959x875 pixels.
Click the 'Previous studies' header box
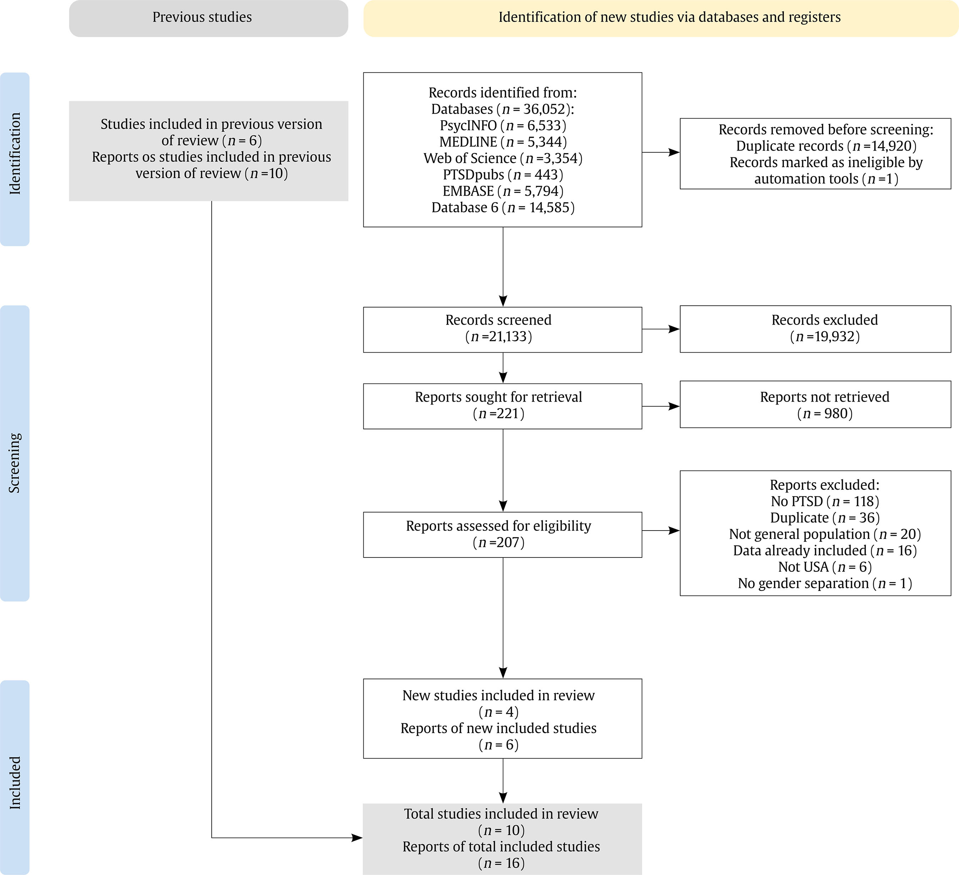pyautogui.click(x=208, y=18)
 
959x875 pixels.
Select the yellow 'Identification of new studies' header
pyautogui.click(x=661, y=18)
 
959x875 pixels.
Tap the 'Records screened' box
pyautogui.click(x=502, y=330)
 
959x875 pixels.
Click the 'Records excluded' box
pyautogui.click(x=816, y=329)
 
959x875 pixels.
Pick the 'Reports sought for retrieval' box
pyautogui.click(x=502, y=406)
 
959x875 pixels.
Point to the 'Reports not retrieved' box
pyautogui.click(x=816, y=404)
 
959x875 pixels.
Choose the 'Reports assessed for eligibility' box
pyautogui.click(x=502, y=534)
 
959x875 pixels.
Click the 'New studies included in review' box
pyautogui.click(x=502, y=718)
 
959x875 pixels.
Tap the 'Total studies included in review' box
pyautogui.click(x=502, y=839)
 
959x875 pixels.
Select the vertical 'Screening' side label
pyautogui.click(x=15, y=463)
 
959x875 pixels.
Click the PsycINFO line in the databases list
pyautogui.click(x=503, y=126)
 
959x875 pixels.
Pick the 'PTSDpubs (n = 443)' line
pyautogui.click(x=503, y=174)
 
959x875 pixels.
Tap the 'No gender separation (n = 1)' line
pyautogui.click(x=825, y=583)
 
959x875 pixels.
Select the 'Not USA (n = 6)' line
pyautogui.click(x=825, y=567)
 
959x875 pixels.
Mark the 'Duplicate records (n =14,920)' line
pyautogui.click(x=826, y=146)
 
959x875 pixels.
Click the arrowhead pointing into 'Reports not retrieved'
pyautogui.click(x=674, y=407)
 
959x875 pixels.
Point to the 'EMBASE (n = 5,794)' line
pyautogui.click(x=503, y=191)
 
